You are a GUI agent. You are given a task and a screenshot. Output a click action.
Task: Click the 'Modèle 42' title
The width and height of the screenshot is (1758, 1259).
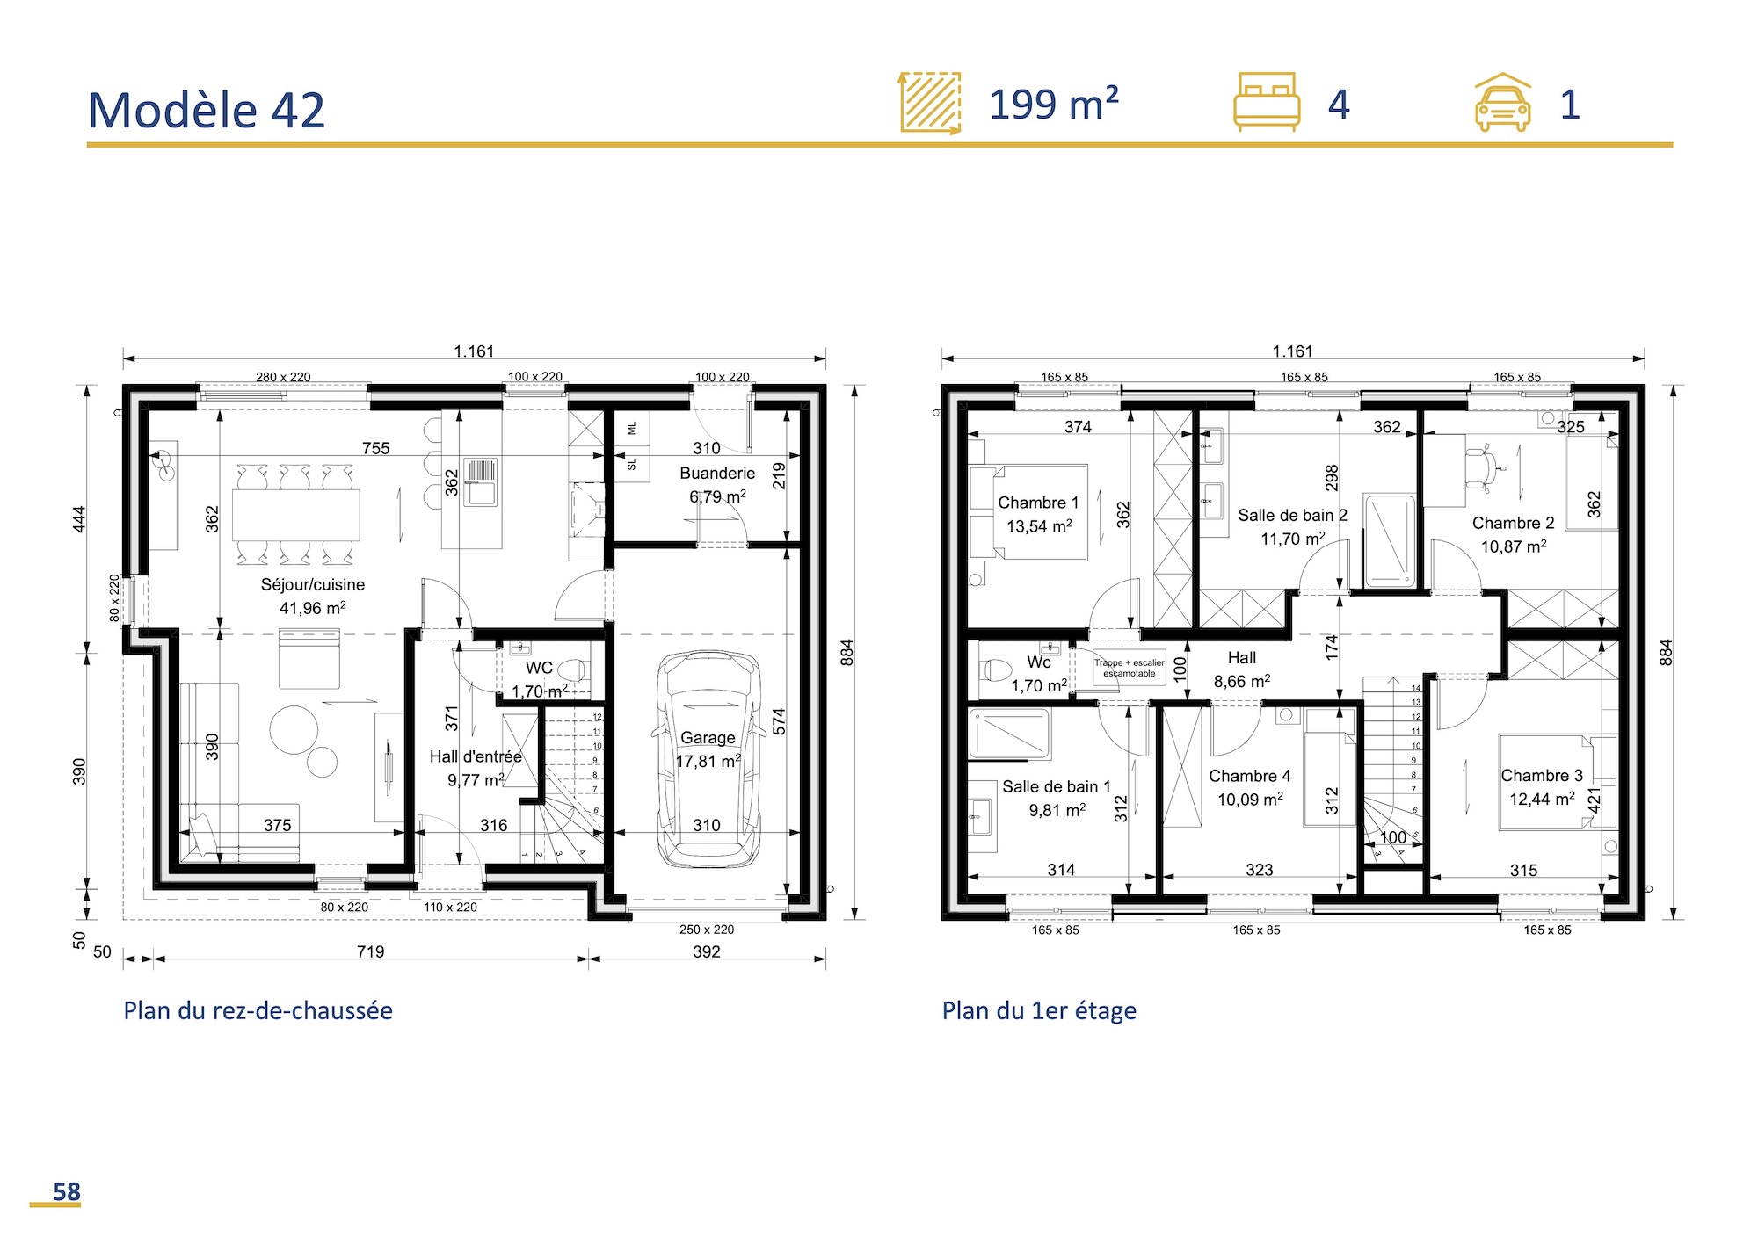click(207, 111)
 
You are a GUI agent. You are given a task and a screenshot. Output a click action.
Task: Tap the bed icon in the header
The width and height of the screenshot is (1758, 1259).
click(1266, 102)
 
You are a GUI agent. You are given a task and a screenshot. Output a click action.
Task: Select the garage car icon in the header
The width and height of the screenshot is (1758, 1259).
click(1502, 104)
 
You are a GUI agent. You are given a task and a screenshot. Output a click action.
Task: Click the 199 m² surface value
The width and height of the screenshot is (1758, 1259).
click(1053, 105)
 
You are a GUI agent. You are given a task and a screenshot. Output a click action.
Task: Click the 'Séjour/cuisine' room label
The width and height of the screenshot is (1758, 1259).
click(312, 584)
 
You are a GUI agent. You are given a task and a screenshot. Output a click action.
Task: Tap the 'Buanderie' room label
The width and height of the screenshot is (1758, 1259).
click(716, 473)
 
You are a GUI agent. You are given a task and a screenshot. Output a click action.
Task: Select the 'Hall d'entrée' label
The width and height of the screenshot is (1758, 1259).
click(476, 756)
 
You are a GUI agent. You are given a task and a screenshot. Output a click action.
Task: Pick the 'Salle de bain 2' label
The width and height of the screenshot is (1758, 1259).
click(1292, 515)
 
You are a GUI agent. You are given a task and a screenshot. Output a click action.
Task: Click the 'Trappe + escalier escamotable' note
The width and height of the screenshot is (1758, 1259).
click(1129, 668)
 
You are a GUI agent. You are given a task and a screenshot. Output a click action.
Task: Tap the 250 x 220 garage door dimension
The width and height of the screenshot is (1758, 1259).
click(706, 930)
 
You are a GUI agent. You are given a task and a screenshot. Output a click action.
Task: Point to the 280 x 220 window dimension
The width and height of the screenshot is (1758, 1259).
click(283, 377)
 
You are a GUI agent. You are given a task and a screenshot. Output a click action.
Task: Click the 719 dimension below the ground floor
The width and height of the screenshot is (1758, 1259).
click(370, 951)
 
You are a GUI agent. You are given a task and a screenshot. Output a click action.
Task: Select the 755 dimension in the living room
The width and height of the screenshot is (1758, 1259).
click(375, 448)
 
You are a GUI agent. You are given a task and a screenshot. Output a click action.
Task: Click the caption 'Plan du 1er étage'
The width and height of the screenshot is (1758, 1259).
click(1038, 1010)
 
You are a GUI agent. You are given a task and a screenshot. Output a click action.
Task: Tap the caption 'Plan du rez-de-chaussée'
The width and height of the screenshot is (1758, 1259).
click(258, 1010)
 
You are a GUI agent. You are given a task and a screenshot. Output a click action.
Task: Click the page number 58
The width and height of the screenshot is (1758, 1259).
click(66, 1191)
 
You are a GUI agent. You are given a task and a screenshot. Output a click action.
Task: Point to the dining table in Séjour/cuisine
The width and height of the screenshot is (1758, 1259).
click(296, 515)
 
